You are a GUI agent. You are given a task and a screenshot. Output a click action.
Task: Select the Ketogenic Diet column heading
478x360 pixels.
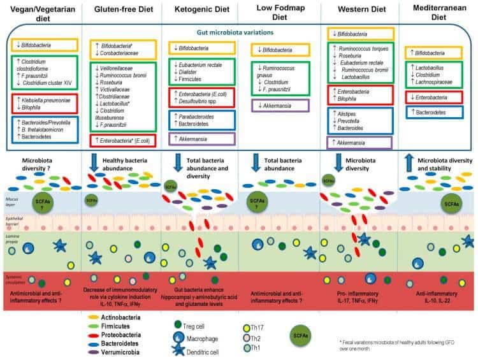tap(198, 10)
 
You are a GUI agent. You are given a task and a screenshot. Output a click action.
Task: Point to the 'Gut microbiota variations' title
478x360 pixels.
tap(238, 30)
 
